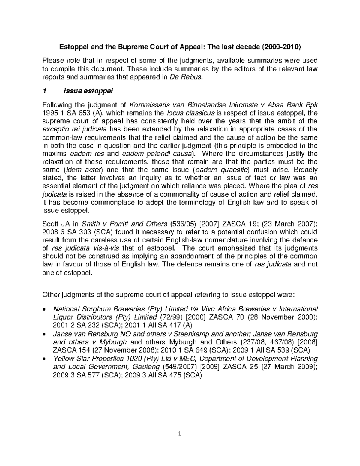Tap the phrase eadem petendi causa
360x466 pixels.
[x=165, y=154]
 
